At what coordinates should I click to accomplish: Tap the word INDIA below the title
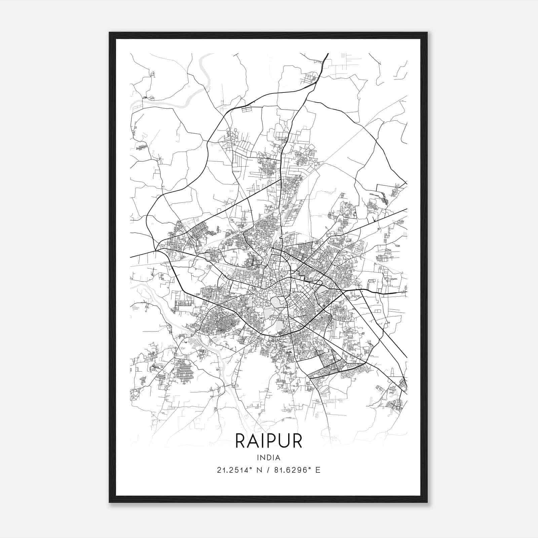click(x=269, y=458)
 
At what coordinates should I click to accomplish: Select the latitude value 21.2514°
click(x=235, y=470)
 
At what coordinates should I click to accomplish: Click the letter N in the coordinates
click(x=259, y=470)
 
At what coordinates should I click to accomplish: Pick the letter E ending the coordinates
click(x=318, y=470)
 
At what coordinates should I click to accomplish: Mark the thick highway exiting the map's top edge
click(x=326, y=56)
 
